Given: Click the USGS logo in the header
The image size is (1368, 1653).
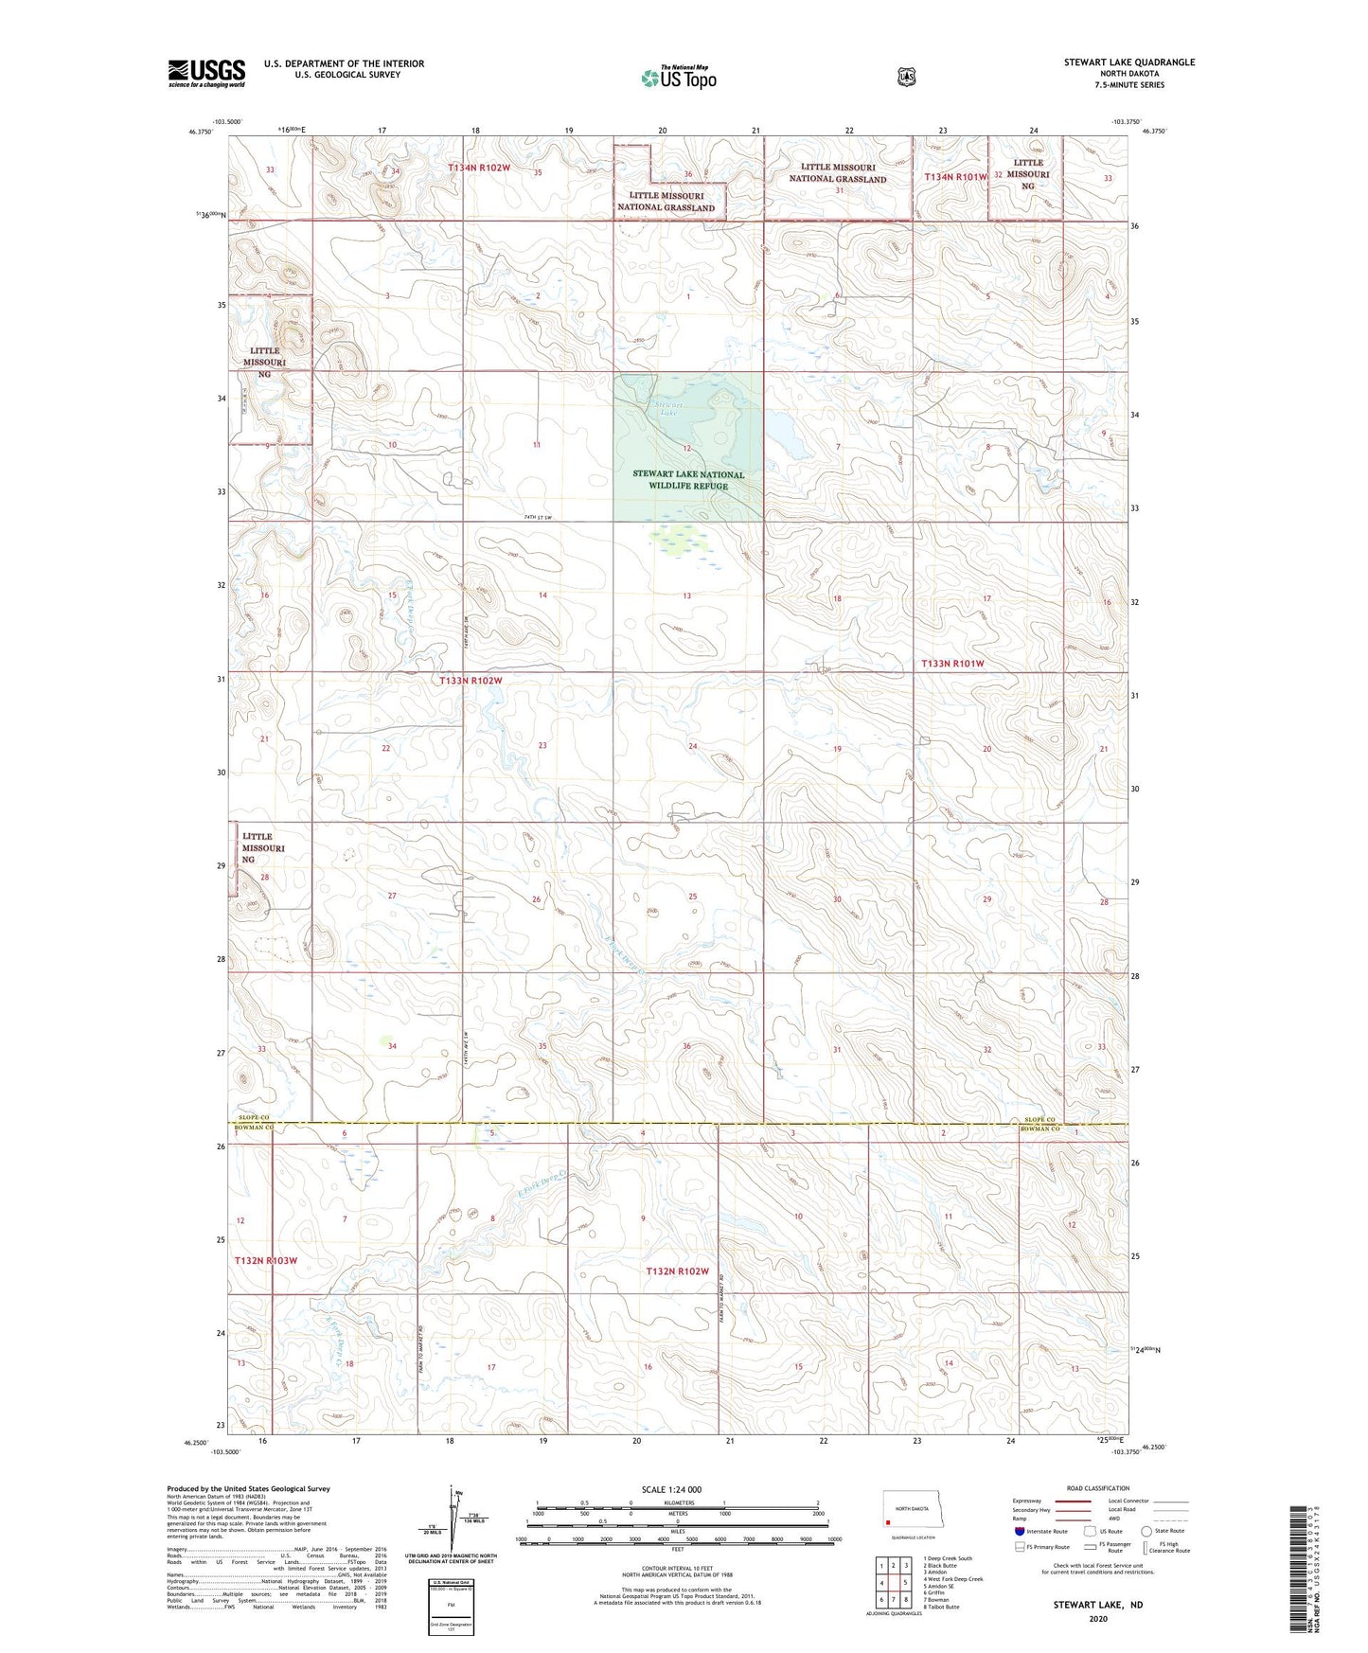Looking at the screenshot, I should coord(206,73).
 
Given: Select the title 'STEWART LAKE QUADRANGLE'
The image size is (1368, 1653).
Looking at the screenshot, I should coord(1128,62).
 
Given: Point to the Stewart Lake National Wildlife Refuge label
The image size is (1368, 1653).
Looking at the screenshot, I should coord(688,480).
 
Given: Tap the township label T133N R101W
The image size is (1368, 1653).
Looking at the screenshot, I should coord(952,664).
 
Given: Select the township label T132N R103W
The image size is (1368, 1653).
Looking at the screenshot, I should coord(266,1261).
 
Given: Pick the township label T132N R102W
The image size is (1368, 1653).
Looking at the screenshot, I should coord(677,1271).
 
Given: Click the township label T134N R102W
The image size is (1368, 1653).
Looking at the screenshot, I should coord(479,168).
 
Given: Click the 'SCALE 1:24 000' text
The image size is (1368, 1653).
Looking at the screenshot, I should coord(671,1489).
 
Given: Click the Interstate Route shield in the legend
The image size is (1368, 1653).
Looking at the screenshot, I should coord(1019,1531).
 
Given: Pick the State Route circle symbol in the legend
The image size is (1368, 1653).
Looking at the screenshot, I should coord(1146,1531).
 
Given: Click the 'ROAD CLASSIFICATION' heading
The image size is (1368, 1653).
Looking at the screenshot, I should coord(1097,1488).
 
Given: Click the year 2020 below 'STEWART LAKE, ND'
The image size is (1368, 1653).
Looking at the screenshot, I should coord(1098,1618).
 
